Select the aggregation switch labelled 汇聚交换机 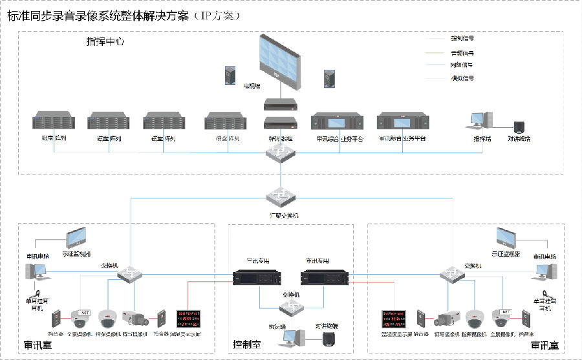(279, 195)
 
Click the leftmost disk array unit (54, 123)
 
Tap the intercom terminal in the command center (519, 127)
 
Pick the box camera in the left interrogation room (136, 318)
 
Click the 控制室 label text (246, 346)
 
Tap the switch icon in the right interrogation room (451, 275)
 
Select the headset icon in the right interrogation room (548, 290)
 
